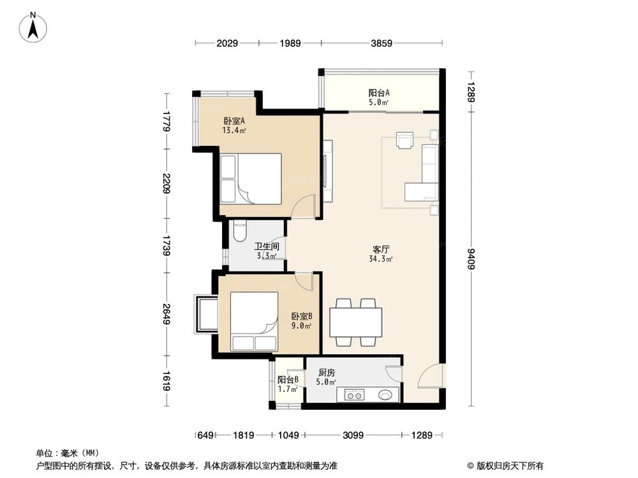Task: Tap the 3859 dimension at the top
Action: click(382, 43)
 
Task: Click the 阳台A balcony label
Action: click(379, 96)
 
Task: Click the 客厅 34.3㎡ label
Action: click(381, 254)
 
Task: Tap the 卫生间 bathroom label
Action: click(266, 250)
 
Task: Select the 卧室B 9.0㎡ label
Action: click(302, 321)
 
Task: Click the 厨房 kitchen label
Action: click(326, 377)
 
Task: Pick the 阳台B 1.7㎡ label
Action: click(288, 384)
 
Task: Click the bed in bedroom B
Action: click(254, 321)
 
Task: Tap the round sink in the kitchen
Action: click(387, 395)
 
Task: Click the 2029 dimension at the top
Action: click(227, 43)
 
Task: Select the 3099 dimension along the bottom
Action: click(352, 435)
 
